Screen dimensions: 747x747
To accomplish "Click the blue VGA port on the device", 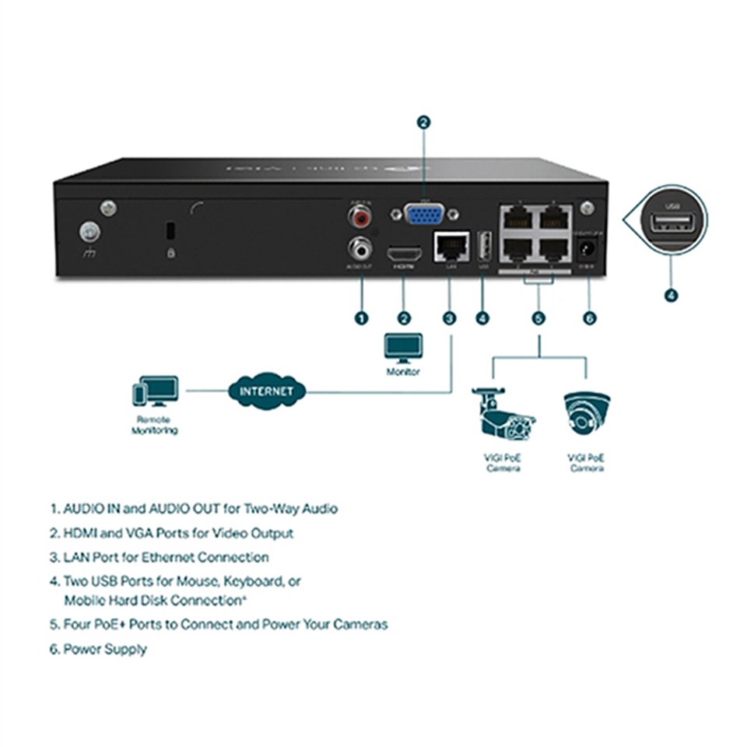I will (x=424, y=213).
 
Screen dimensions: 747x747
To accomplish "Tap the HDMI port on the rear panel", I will (x=404, y=253).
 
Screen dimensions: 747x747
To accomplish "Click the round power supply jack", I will (x=589, y=249).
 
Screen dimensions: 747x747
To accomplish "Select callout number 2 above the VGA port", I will (x=423, y=121).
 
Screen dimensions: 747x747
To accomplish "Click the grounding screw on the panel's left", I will (x=87, y=231).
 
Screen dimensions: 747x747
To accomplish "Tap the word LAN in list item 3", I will (x=76, y=557).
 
